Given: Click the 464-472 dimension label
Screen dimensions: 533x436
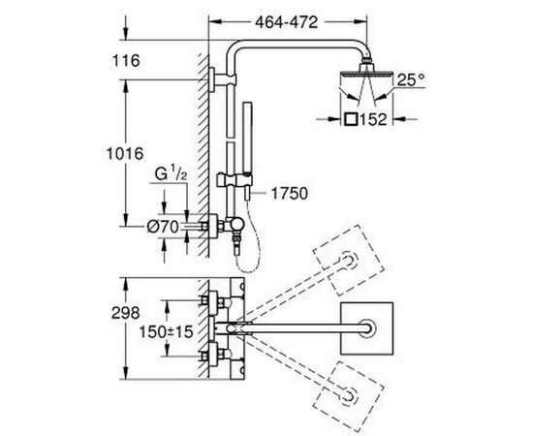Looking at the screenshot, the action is pyautogui.click(x=287, y=22).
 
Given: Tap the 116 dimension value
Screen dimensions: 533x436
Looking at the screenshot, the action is pyautogui.click(x=126, y=61).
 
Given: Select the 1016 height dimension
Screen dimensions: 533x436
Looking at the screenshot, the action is pyautogui.click(x=125, y=154).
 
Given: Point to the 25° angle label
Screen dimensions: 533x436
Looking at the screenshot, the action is pyautogui.click(x=411, y=80).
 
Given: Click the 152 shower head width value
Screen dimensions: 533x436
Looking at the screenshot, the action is pyautogui.click(x=373, y=119).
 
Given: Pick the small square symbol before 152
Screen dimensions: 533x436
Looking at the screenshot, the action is pyautogui.click(x=350, y=119).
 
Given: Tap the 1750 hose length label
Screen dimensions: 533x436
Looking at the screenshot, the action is pyautogui.click(x=290, y=194).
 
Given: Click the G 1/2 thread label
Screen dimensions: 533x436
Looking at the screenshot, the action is pyautogui.click(x=171, y=174).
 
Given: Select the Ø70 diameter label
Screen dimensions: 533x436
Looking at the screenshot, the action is pyautogui.click(x=163, y=227).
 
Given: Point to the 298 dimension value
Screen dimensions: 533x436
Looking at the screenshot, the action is pyautogui.click(x=125, y=313).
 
